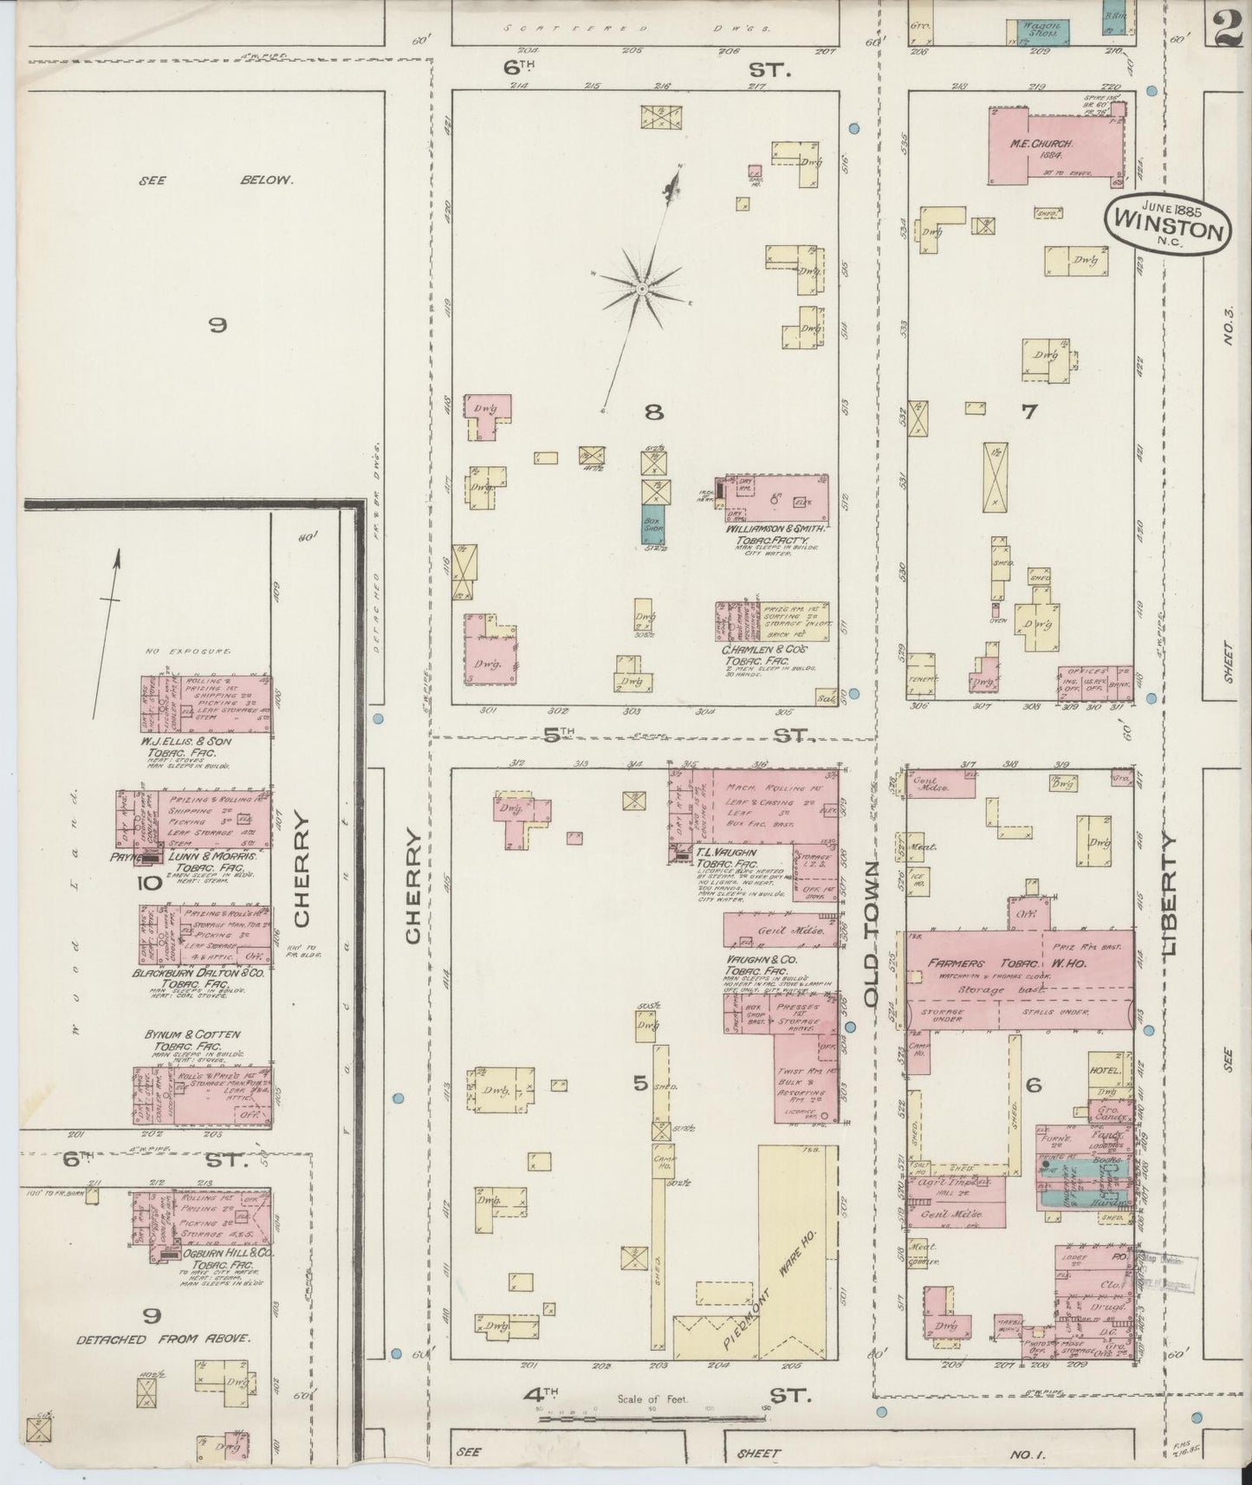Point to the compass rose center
(642, 289)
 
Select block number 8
(653, 412)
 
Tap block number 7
(1028, 412)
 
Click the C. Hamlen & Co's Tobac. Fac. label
(764, 653)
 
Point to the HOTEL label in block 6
(1107, 1071)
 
